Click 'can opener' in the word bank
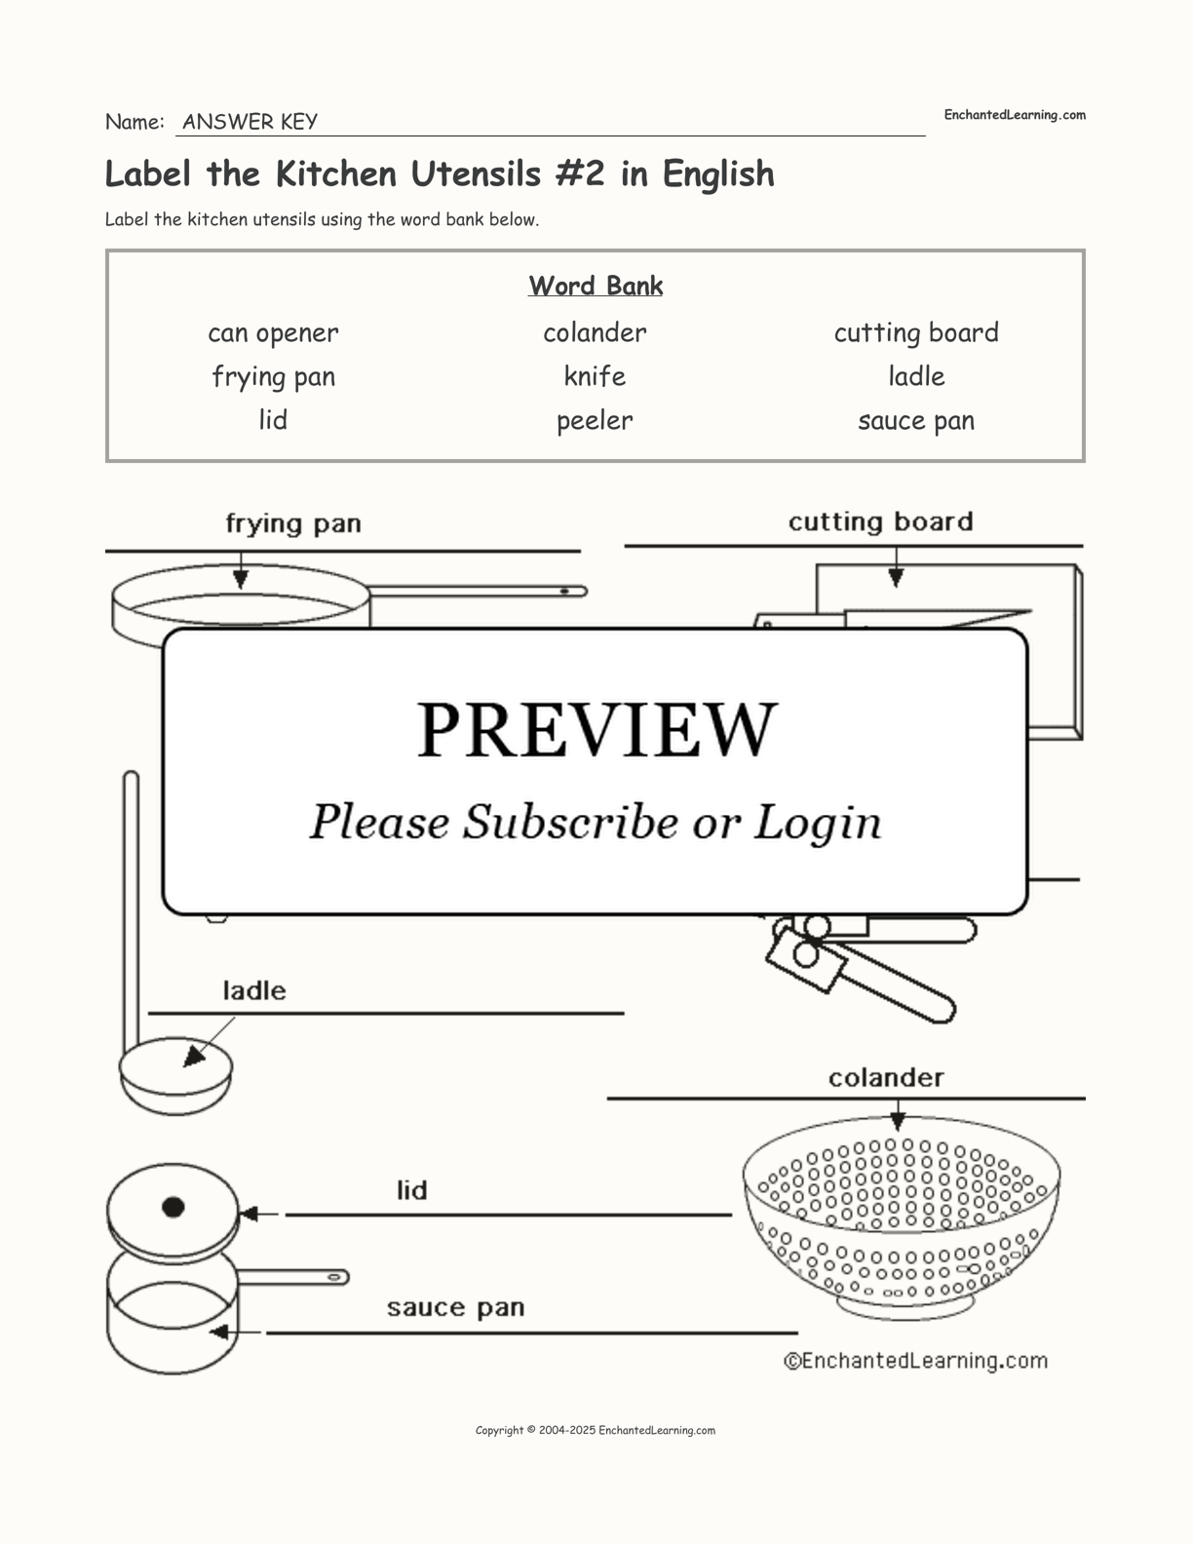[273, 333]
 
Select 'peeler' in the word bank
[595, 421]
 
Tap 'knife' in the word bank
[595, 376]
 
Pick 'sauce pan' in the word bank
[916, 421]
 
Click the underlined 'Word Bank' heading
[596, 286]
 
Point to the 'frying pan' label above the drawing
[293, 524]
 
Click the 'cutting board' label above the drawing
[880, 522]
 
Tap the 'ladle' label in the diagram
[254, 991]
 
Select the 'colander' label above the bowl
[886, 1078]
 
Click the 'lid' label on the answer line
[411, 1190]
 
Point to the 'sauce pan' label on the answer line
[455, 1308]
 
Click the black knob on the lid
[173, 1208]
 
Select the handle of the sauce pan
[292, 1277]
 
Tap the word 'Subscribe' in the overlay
[569, 822]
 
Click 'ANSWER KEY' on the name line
[250, 122]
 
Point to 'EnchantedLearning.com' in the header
[1014, 115]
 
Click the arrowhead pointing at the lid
[248, 1215]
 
